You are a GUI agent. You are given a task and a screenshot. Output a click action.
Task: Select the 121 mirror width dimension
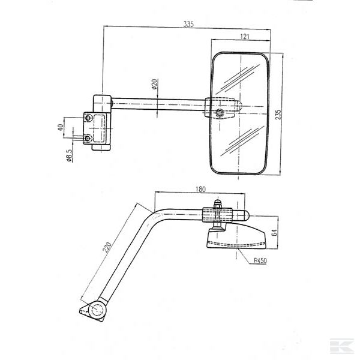[x=245, y=37]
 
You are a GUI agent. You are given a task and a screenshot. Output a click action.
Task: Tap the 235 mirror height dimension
[x=278, y=115]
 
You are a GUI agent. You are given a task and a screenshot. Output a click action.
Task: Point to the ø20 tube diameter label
[x=154, y=85]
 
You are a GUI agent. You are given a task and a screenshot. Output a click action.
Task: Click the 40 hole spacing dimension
[x=61, y=128]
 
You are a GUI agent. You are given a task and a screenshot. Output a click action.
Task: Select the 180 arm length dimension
[x=200, y=190]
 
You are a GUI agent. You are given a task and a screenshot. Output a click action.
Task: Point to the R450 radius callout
[x=260, y=261]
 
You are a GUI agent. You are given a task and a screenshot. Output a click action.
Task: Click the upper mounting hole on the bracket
[x=89, y=119]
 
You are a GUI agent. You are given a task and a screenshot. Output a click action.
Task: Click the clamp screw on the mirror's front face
[x=221, y=113]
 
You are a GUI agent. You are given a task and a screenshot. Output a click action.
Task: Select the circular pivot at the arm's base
[x=95, y=309]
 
